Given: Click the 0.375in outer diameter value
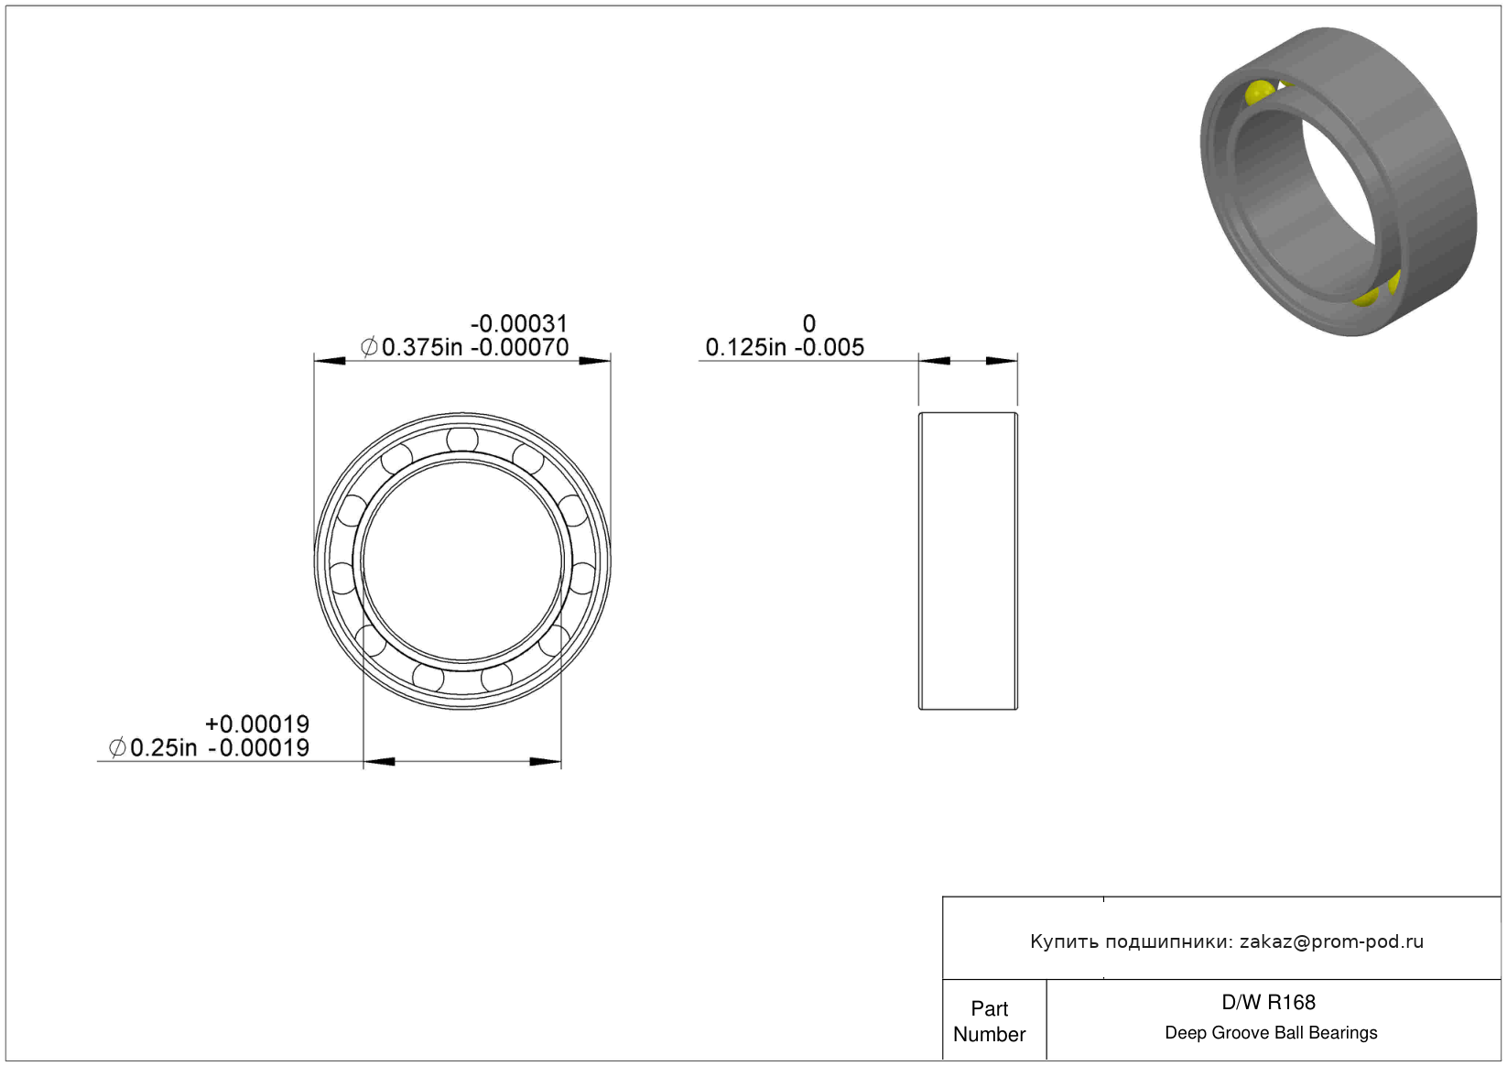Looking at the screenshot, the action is tap(422, 347).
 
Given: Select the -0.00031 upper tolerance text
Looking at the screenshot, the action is tap(519, 323).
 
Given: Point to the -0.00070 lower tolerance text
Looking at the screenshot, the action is tap(519, 347).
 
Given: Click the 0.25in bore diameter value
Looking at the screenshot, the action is tap(164, 747).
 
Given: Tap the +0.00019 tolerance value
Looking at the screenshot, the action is tap(257, 724).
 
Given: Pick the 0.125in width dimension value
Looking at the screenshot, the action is tap(745, 347).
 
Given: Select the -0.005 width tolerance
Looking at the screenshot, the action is tap(829, 347).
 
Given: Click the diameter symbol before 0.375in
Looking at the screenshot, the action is tap(369, 347).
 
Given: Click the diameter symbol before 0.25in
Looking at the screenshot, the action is tap(117, 747).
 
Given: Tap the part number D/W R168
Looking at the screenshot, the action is tap(1268, 1003).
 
